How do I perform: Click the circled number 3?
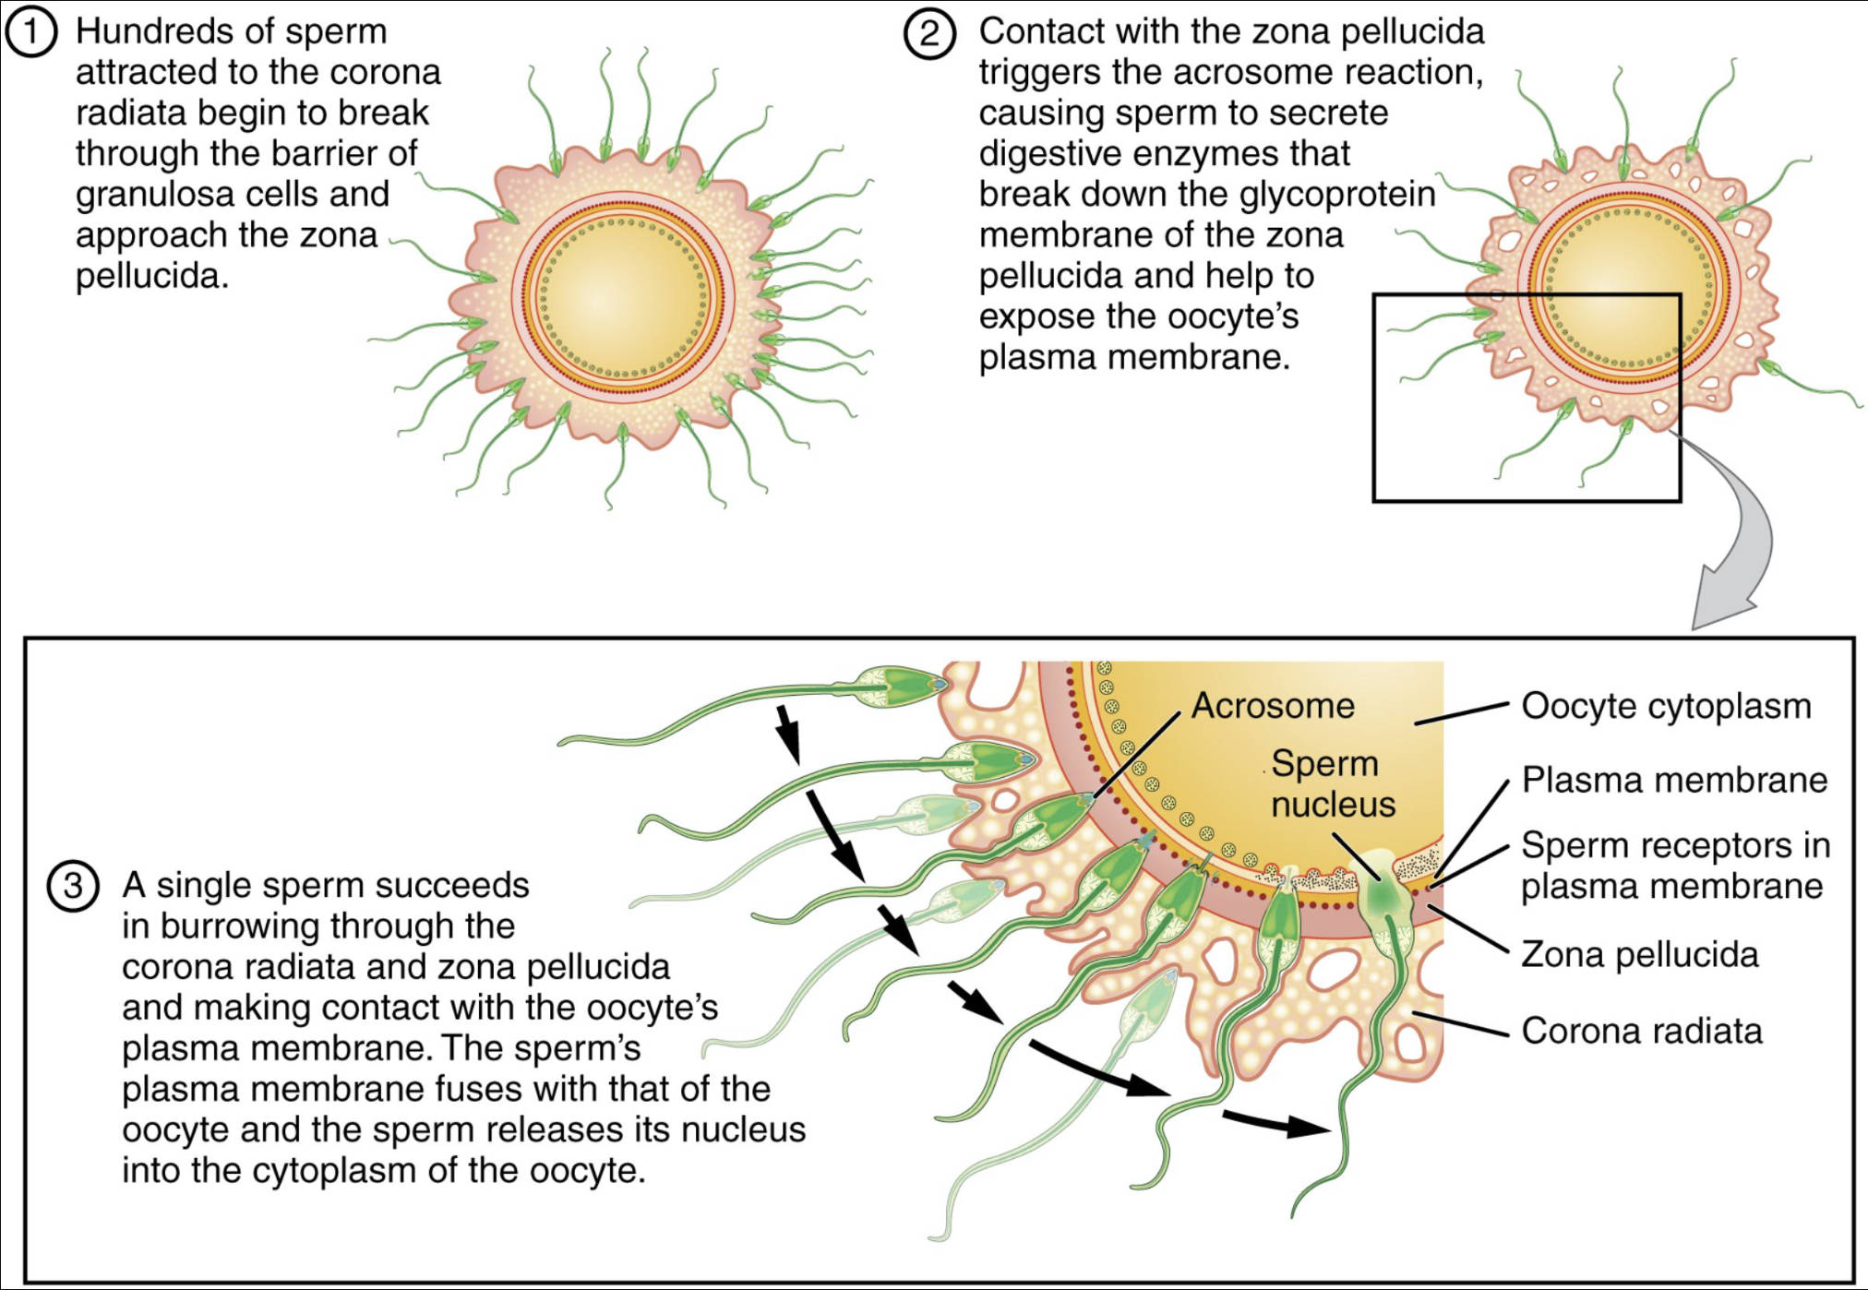[73, 886]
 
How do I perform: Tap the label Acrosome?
[1273, 706]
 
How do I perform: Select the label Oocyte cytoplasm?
[1666, 706]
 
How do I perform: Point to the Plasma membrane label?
[1673, 780]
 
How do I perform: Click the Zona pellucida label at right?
[1639, 954]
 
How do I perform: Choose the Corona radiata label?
[1641, 1031]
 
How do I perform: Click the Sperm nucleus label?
[1332, 783]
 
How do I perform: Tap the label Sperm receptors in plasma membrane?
[1673, 865]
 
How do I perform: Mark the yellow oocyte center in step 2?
[1630, 285]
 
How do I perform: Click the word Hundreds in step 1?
[137, 31]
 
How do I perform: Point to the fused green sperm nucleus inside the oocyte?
[1382, 892]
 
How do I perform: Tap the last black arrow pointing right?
[1278, 1124]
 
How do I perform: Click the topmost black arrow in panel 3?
[787, 734]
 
